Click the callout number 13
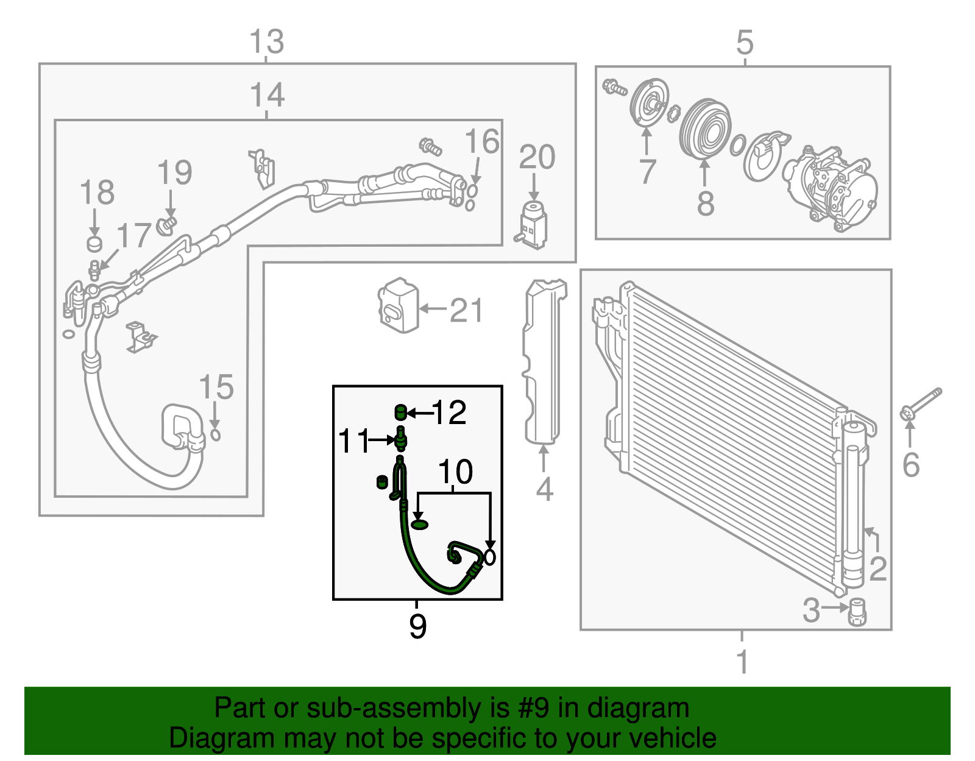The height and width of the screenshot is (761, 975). (266, 42)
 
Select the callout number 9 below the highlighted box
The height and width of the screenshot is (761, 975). (417, 626)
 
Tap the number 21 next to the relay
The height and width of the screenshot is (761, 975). (466, 310)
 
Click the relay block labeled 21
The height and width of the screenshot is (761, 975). (399, 306)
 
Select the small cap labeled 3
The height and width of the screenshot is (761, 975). (857, 612)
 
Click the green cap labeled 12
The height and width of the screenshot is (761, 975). (400, 412)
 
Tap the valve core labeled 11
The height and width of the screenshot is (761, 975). (400, 438)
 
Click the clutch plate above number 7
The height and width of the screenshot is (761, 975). (648, 102)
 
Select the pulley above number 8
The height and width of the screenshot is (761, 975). (705, 129)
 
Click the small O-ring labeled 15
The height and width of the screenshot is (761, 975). (215, 434)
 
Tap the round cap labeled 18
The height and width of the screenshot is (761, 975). (94, 244)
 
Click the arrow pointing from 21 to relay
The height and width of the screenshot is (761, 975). (433, 309)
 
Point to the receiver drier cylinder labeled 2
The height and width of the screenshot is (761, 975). (853, 506)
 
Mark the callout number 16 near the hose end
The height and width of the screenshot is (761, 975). (481, 141)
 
